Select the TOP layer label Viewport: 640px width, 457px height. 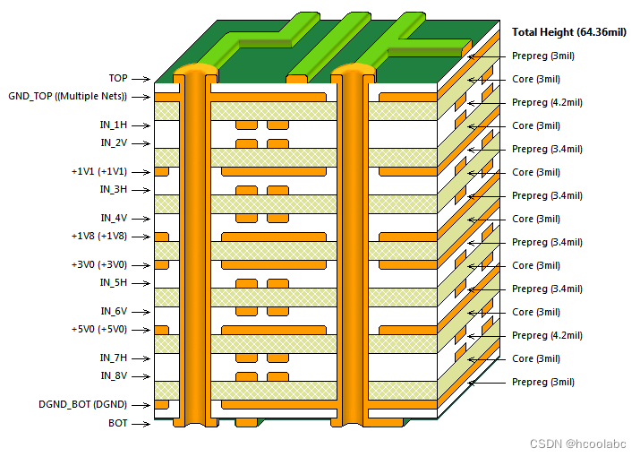[x=117, y=79]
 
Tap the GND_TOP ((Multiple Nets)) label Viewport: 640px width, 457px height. [x=67, y=96]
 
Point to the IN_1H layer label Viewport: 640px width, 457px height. [x=114, y=125]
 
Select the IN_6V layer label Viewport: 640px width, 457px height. [x=114, y=312]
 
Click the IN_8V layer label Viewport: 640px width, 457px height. [x=114, y=376]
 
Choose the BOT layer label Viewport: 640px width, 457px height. [x=117, y=423]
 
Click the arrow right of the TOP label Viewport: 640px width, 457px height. [x=141, y=79]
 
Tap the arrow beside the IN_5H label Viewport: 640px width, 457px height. [x=141, y=283]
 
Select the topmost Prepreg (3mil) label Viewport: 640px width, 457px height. [x=542, y=56]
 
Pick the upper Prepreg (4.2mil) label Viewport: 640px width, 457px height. [x=547, y=102]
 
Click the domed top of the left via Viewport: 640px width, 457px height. [x=195, y=70]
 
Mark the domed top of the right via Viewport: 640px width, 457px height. [x=353, y=70]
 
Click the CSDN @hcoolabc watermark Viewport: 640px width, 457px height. [x=580, y=444]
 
